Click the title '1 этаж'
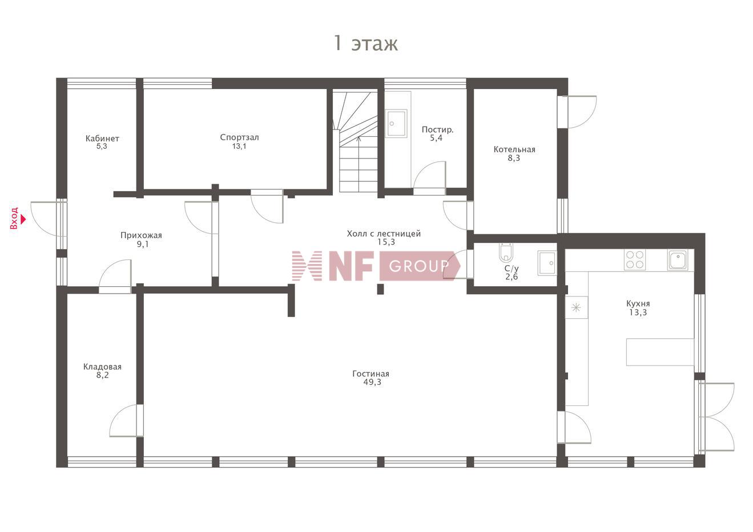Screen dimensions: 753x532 [x=366, y=44]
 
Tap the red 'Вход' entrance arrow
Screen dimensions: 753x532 [x=23, y=220]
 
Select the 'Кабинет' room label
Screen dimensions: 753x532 [x=102, y=139]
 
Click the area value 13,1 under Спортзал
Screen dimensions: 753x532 [x=239, y=146]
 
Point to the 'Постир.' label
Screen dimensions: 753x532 [x=437, y=129]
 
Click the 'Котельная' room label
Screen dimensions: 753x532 [x=514, y=149]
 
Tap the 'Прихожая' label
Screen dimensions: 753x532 [x=141, y=235]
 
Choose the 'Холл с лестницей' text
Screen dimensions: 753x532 [x=384, y=233]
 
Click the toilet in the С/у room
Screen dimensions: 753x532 [x=506, y=253]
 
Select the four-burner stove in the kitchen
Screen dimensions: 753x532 [x=634, y=259]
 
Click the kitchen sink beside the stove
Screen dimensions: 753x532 [x=678, y=259]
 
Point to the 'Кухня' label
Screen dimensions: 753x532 [x=638, y=303]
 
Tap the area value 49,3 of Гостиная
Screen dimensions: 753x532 [x=372, y=382]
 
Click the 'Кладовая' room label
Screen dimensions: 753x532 [x=103, y=367]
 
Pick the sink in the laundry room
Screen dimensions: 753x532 [x=396, y=123]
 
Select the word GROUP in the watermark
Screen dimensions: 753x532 [x=419, y=266]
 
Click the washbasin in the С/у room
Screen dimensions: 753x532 [x=547, y=263]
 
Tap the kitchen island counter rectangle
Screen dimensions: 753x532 [x=660, y=352]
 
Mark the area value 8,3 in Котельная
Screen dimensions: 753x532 [x=514, y=158]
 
